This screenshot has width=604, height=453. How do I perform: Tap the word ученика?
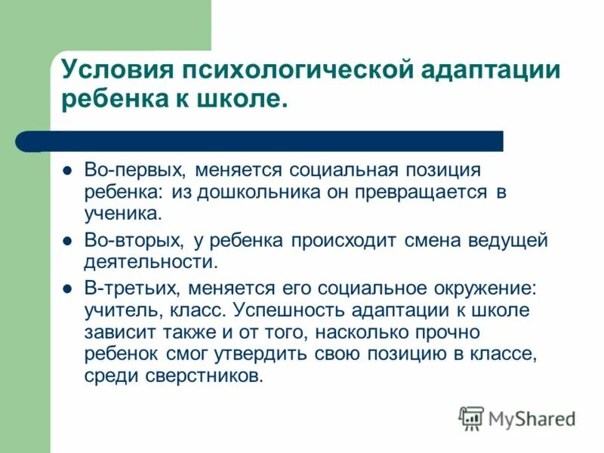[122, 214]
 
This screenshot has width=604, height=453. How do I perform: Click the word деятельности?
[150, 263]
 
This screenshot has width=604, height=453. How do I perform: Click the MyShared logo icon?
[472, 418]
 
